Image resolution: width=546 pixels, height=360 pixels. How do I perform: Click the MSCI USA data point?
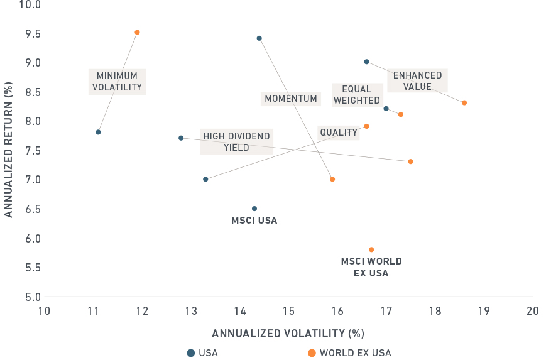(x=254, y=209)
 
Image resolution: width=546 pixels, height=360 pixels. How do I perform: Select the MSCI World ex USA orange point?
(x=371, y=249)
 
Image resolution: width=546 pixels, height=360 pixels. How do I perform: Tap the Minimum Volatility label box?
(x=117, y=82)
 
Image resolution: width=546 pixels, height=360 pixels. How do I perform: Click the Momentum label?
(x=290, y=99)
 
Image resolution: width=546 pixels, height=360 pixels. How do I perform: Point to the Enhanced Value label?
(x=417, y=81)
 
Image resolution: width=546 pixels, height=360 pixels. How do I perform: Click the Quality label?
(x=338, y=133)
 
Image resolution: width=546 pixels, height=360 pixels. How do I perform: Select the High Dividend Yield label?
(x=236, y=142)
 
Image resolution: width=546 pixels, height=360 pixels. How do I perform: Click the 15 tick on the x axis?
(x=288, y=310)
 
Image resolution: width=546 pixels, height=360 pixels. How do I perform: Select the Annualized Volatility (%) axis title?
(x=288, y=333)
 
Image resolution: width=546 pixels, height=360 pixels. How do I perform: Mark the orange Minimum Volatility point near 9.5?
(x=137, y=32)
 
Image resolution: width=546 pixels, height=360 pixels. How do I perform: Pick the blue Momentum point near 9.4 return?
(x=259, y=38)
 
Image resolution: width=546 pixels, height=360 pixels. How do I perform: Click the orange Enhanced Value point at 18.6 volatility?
(x=464, y=102)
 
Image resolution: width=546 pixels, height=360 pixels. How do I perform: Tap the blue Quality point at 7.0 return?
(x=205, y=179)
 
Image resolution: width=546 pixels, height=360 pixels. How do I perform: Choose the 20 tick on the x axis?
(x=532, y=310)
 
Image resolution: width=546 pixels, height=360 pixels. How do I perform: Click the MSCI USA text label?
(x=254, y=221)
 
